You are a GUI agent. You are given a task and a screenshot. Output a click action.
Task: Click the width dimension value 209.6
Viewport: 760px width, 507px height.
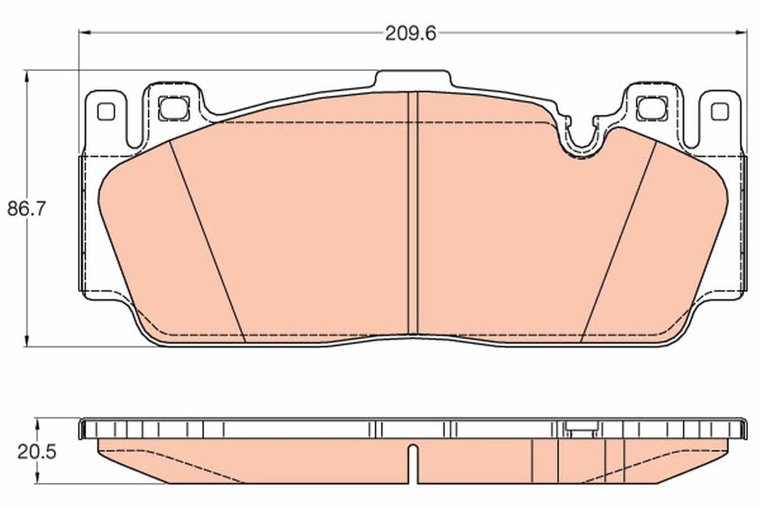410,33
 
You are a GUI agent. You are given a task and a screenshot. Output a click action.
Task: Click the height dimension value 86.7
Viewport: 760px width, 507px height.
27,209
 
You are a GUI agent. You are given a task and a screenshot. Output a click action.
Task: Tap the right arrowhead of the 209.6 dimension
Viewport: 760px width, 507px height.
743,32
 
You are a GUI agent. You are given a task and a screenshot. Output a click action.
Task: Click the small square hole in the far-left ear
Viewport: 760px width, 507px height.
106,112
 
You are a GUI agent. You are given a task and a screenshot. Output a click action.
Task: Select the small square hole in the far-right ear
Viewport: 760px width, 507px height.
719,112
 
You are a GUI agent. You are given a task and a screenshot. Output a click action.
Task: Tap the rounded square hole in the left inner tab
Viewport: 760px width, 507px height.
174,108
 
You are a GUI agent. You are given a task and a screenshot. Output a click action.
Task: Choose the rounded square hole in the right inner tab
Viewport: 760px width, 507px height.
652,108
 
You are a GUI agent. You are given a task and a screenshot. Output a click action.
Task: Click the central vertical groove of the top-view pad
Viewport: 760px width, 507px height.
413,215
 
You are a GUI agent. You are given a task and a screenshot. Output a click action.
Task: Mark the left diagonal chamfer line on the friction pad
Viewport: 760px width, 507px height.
208,241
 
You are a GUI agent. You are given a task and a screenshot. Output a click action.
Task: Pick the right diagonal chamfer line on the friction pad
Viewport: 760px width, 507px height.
617,241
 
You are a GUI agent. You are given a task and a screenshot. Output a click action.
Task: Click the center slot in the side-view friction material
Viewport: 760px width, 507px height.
413,463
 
